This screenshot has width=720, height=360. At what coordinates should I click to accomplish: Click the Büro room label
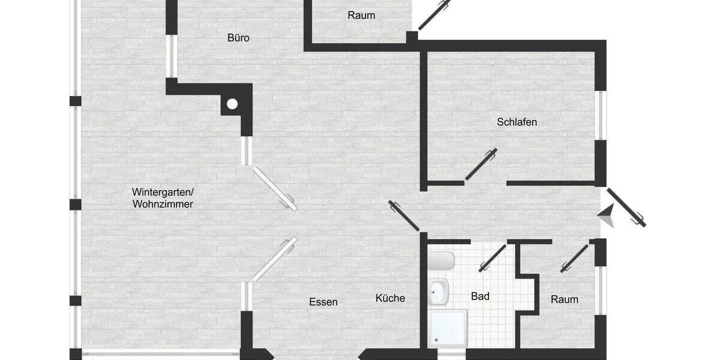(238, 38)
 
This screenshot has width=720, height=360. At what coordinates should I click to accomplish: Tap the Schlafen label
(517, 122)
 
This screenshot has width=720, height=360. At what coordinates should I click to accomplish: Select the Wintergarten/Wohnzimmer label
(163, 198)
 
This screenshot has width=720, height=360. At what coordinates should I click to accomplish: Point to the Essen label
(323, 302)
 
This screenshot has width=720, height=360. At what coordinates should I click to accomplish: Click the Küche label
(390, 298)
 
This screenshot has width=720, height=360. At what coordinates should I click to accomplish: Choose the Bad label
(480, 296)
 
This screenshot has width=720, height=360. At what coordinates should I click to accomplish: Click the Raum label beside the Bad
(565, 299)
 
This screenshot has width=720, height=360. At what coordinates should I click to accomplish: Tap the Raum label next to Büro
(361, 15)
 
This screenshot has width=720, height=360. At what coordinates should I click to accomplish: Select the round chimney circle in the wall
(232, 104)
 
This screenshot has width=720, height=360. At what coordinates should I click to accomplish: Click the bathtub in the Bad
(441, 262)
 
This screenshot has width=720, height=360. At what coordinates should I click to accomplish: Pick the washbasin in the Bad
(439, 292)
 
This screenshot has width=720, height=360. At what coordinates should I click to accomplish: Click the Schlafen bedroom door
(481, 164)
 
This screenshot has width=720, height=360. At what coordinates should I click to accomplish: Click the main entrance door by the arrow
(626, 208)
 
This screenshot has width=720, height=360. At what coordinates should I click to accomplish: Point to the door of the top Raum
(434, 15)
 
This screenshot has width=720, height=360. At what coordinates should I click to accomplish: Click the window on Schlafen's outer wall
(601, 115)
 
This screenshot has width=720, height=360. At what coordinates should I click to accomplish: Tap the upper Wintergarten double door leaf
(274, 188)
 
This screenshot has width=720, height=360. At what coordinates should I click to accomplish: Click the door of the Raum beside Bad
(574, 259)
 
